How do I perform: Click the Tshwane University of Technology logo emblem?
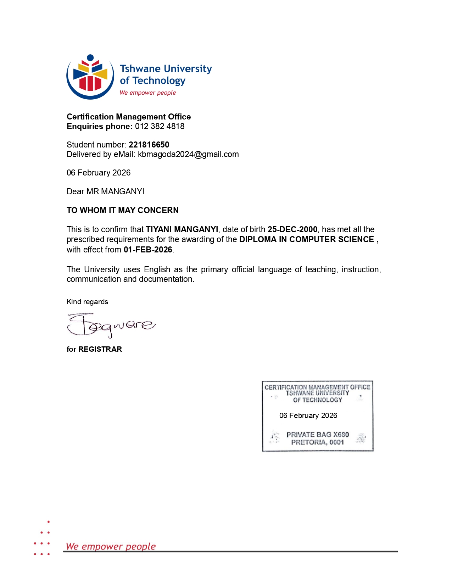pos(90,77)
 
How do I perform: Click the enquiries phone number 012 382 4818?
pos(160,127)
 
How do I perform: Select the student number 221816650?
pos(149,145)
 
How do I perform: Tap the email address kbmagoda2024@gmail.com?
pos(188,155)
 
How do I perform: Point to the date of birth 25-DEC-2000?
pos(292,230)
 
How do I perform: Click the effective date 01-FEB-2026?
pos(148,250)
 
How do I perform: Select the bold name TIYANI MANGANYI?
pos(182,230)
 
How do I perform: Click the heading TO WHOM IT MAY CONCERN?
pos(123,210)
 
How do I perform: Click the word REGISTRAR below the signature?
pos(100,349)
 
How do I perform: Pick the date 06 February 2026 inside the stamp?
pos(308,416)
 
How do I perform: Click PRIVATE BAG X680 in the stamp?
pos(318,435)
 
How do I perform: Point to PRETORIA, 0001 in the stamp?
pos(318,442)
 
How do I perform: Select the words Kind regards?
pos(87,302)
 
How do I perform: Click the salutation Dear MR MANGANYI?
pos(105,191)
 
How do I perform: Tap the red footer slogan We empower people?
pos(111,546)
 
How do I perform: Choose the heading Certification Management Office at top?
pos(129,117)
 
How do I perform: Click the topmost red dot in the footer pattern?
pos(49,522)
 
